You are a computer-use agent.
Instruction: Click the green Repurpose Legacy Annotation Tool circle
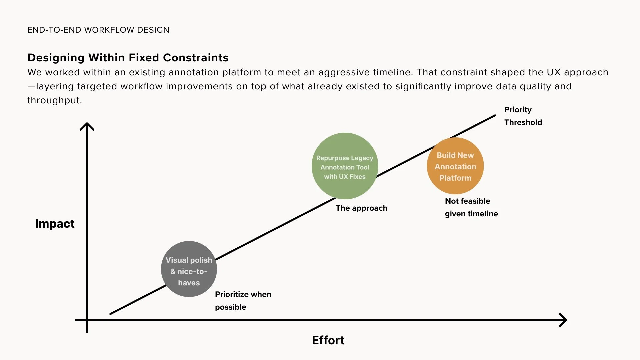tap(345, 166)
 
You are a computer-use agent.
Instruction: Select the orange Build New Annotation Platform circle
tap(455, 166)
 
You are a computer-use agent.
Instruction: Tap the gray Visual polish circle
tap(189, 269)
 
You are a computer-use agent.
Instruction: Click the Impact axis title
tap(55, 223)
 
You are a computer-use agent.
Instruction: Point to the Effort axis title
tap(328, 340)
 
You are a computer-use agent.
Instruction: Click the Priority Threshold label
tap(523, 116)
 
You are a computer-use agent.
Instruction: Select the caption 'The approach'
tap(361, 208)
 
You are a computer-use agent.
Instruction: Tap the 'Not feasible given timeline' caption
tap(471, 207)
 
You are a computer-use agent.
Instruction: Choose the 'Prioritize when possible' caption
tap(243, 301)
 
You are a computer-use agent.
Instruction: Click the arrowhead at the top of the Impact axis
tap(87, 126)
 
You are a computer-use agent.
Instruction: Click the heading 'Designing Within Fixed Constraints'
tap(128, 58)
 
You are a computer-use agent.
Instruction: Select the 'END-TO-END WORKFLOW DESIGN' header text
tap(98, 30)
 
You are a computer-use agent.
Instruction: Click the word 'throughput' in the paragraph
tap(54, 100)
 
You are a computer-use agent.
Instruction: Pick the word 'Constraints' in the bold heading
tap(196, 58)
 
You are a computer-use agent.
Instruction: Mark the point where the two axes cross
tap(87, 320)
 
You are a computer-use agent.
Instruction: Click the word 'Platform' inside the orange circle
tap(455, 178)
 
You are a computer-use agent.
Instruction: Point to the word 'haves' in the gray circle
tap(189, 283)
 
